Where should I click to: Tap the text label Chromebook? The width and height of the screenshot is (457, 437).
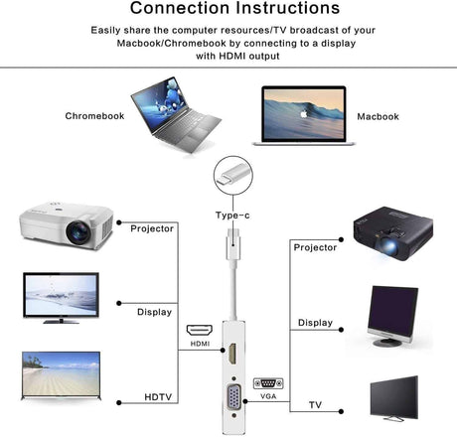pyautogui.click(x=96, y=116)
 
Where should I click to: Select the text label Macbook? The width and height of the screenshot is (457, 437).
pyautogui.click(x=378, y=116)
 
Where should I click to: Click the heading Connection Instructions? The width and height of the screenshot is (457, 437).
pyautogui.click(x=228, y=10)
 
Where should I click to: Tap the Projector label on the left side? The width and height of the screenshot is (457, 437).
pyautogui.click(x=153, y=228)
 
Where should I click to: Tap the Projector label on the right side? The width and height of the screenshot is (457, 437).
pyautogui.click(x=315, y=246)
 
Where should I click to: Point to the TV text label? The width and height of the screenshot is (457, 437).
pyautogui.click(x=314, y=404)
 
